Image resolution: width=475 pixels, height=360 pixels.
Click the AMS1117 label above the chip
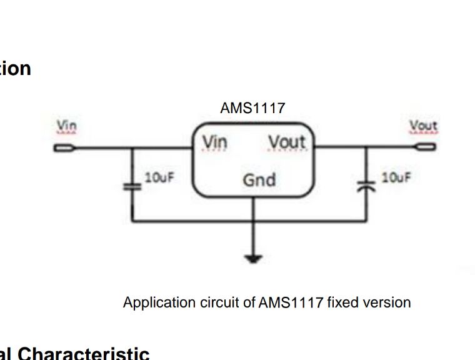click(252, 108)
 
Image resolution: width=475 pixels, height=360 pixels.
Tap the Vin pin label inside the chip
click(214, 143)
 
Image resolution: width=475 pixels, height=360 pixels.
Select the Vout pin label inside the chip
click(287, 143)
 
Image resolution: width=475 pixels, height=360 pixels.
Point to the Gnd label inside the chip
click(259, 180)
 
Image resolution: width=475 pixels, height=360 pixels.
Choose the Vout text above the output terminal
click(423, 126)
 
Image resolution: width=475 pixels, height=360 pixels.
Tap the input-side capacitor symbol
click(131, 186)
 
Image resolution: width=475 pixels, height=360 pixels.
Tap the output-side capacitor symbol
click(366, 186)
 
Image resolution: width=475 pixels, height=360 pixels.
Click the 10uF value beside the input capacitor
click(159, 177)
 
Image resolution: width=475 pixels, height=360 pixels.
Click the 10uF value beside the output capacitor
click(396, 177)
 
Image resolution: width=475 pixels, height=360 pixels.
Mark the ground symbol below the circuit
click(253, 257)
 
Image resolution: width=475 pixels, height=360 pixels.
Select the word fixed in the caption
click(342, 302)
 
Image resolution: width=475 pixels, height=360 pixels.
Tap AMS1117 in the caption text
click(291, 302)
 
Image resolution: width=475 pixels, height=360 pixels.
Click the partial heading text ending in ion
click(15, 68)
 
